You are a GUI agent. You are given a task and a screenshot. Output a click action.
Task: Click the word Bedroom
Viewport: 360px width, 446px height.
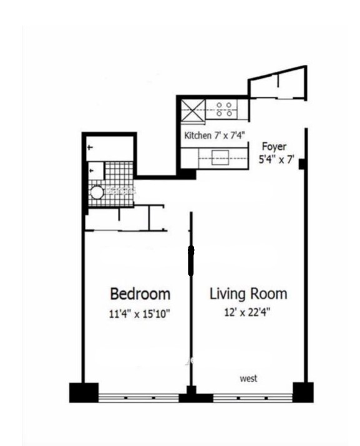140,293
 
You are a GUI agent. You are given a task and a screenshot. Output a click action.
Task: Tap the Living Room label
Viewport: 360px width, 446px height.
248,293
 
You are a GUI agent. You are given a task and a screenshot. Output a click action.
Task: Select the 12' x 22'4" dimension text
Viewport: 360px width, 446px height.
247,313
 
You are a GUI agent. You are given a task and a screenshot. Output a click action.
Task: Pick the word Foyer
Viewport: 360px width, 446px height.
274,147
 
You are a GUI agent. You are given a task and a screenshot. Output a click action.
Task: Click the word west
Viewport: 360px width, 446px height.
249,378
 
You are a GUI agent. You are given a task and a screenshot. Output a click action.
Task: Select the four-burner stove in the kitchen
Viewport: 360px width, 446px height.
225,109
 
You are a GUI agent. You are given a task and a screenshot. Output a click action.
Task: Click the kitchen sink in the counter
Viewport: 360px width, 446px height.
220,158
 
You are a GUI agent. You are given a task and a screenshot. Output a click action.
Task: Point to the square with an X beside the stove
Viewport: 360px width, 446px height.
191,109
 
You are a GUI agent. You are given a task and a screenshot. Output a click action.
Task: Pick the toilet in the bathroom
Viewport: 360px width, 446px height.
94,168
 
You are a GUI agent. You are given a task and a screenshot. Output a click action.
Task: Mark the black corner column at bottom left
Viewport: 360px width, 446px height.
83,392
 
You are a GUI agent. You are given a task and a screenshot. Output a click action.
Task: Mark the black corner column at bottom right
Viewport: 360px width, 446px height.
303,392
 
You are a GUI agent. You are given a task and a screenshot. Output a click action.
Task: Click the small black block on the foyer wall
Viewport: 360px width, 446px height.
302,165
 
